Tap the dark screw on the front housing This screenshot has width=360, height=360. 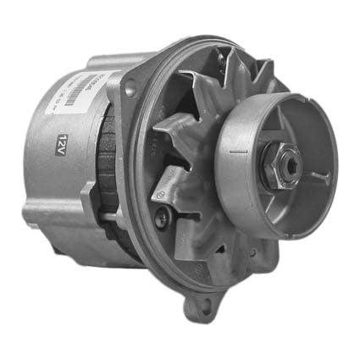pos(164,217)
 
